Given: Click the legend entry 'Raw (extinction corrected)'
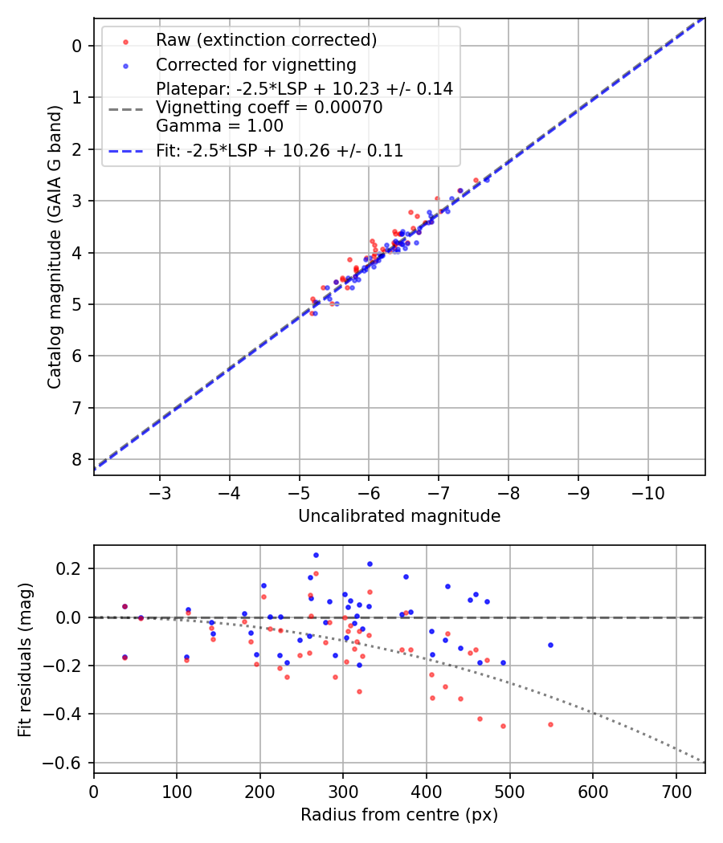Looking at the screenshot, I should pos(266,40).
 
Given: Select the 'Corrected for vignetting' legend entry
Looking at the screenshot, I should pos(255,64).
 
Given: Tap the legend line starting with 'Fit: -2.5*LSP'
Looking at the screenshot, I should pos(280,150).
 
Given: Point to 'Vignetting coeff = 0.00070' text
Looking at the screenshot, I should pos(269,108).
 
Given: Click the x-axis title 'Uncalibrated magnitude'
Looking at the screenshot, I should pos(399,516).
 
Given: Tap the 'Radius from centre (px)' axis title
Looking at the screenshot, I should pos(399,815).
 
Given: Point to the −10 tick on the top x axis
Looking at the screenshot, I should pos(648,491).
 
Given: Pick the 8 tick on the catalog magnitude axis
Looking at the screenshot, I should pos(77,459).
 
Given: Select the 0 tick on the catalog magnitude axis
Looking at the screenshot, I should pos(77,46).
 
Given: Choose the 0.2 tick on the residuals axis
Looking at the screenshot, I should pos(71,568).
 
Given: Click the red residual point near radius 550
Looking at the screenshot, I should pos(550,724).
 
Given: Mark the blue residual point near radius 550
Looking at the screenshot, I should pos(550,645).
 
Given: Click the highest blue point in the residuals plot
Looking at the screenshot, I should pos(316,555).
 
